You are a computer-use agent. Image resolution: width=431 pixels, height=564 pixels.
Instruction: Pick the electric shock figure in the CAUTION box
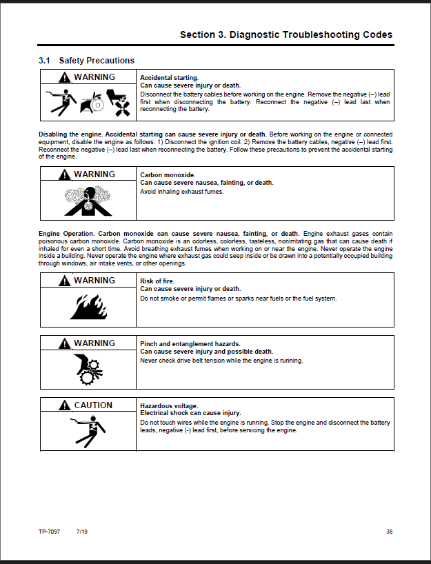click(x=87, y=428)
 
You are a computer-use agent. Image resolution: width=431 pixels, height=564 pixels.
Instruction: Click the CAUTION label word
click(x=93, y=405)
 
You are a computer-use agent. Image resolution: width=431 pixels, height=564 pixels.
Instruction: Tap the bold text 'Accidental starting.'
click(x=169, y=78)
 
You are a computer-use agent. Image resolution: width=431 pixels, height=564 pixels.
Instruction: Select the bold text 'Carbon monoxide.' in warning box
click(x=168, y=175)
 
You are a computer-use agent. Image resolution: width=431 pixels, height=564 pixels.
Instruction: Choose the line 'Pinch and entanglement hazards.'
click(x=190, y=343)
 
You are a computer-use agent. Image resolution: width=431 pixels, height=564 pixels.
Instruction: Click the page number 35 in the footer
click(x=390, y=531)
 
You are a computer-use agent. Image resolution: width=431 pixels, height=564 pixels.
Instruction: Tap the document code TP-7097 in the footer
click(x=50, y=531)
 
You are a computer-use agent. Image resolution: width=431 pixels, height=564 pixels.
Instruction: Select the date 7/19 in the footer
click(x=81, y=531)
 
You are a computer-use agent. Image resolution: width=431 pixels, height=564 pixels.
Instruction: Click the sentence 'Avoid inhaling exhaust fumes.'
click(x=182, y=191)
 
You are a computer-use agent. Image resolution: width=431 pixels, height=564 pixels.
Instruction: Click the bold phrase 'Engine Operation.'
click(x=67, y=234)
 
